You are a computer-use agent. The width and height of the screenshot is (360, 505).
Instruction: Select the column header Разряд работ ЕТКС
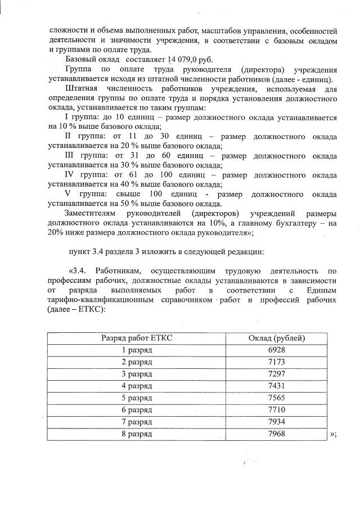coord(137,338)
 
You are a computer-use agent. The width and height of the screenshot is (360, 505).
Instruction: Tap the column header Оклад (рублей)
coord(277,338)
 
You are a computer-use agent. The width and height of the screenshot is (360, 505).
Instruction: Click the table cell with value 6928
coord(277,350)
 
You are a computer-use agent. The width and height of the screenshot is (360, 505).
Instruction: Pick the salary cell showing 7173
coord(277,362)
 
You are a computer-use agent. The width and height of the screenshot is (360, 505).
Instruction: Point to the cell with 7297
coord(277,374)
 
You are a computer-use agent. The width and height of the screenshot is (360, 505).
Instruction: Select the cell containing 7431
coord(277,386)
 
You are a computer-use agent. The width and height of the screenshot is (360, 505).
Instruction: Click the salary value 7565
coord(277,398)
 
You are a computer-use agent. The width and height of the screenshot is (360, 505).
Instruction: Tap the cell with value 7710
coord(277,410)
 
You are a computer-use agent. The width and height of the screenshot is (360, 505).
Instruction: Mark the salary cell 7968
coord(277,434)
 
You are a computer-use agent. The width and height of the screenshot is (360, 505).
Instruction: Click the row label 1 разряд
coord(137,350)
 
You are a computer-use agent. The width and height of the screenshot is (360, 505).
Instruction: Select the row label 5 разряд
coord(137,398)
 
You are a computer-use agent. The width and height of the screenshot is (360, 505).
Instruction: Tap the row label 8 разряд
coord(137,434)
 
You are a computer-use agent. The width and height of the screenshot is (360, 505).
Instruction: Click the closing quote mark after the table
coord(333,435)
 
